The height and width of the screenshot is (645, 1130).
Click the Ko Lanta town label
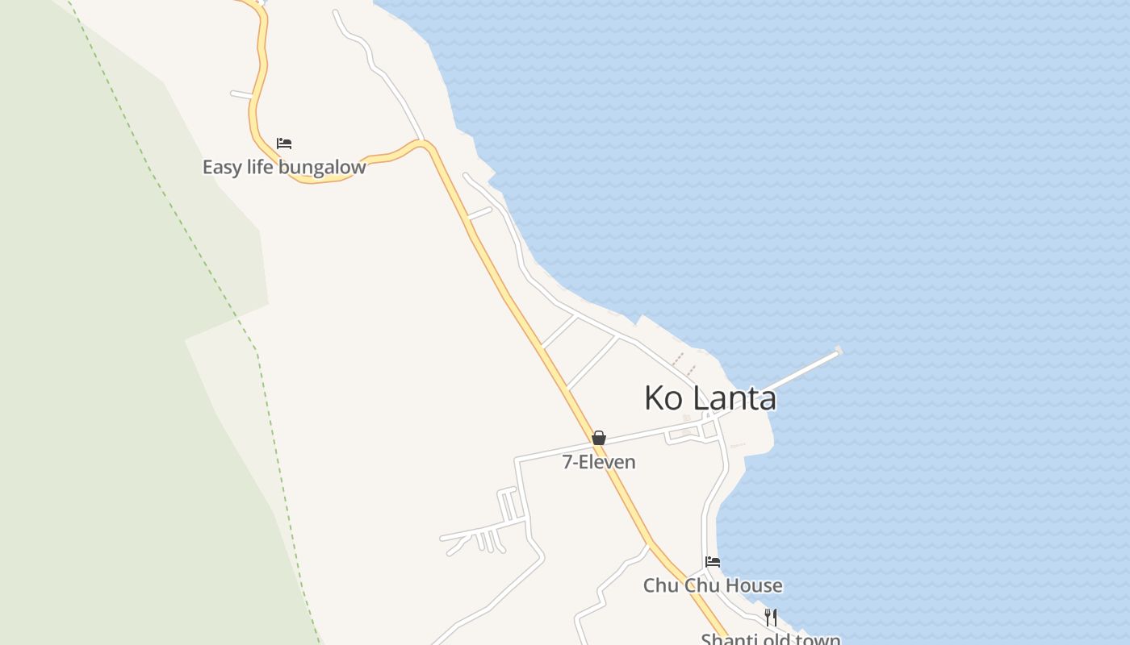pyautogui.click(x=710, y=397)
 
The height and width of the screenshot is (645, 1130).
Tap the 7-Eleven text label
pyautogui.click(x=599, y=462)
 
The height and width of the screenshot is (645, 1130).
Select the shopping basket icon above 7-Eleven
pyautogui.click(x=599, y=438)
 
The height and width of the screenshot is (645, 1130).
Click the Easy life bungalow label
pyautogui.click(x=283, y=168)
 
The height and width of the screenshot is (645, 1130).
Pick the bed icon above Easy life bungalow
pyautogui.click(x=284, y=144)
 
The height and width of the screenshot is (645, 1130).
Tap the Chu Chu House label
pyautogui.click(x=713, y=585)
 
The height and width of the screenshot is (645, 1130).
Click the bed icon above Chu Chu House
pyautogui.click(x=713, y=562)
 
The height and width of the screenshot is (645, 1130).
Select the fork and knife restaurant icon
pyautogui.click(x=771, y=618)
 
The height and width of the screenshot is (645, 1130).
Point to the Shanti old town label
pyautogui.click(x=771, y=640)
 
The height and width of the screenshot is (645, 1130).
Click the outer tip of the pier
pyautogui.click(x=839, y=351)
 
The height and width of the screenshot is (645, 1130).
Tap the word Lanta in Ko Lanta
pyautogui.click(x=734, y=397)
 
